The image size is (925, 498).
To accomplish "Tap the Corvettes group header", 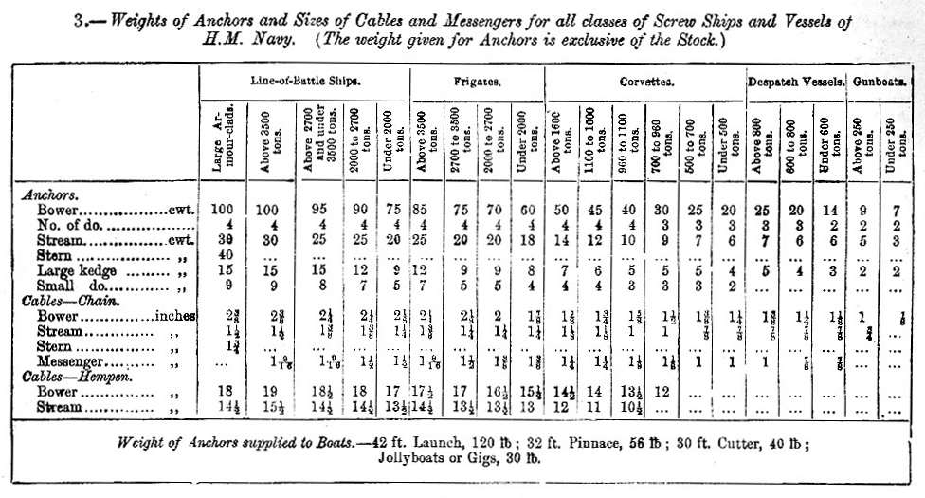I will (646, 83).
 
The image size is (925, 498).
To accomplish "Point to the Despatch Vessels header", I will (796, 83).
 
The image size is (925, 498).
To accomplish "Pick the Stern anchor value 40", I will (224, 255).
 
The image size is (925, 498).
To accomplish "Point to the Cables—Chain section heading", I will (63, 301).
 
